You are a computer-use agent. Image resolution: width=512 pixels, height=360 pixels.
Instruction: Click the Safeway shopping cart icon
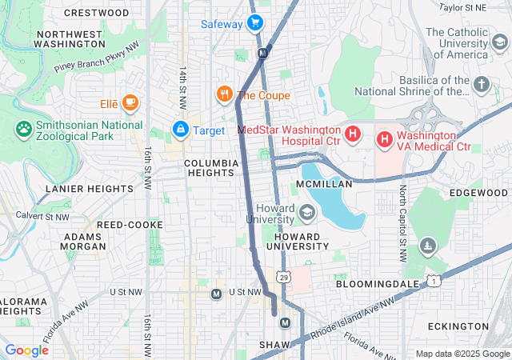pyautogui.click(x=255, y=24)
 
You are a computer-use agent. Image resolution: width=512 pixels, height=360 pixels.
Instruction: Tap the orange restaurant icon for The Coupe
pyautogui.click(x=224, y=94)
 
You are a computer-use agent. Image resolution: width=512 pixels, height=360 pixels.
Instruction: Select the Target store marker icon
pyautogui.click(x=181, y=129)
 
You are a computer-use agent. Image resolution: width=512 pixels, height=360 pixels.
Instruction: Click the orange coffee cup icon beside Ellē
pyautogui.click(x=130, y=103)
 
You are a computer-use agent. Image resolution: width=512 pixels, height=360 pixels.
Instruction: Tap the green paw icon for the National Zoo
pyautogui.click(x=23, y=129)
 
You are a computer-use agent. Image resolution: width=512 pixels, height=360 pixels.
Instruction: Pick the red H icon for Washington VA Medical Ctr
pyautogui.click(x=384, y=140)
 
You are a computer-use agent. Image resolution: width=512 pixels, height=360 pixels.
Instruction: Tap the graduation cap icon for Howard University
pyautogui.click(x=307, y=213)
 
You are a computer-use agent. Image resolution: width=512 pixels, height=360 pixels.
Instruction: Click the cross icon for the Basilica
pyautogui.click(x=481, y=84)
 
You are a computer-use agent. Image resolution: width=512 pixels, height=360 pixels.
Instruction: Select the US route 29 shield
pyautogui.click(x=283, y=277)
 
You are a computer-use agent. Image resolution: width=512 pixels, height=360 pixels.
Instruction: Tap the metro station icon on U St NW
pyautogui.click(x=216, y=294)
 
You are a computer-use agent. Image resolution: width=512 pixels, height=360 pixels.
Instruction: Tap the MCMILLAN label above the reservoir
pyautogui.click(x=324, y=184)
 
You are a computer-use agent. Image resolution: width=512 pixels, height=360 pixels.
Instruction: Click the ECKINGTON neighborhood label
pyautogui.click(x=458, y=326)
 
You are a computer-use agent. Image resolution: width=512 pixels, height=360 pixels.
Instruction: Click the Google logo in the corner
pyautogui.click(x=27, y=350)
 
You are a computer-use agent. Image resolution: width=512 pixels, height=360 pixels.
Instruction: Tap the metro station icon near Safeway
pyautogui.click(x=263, y=53)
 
